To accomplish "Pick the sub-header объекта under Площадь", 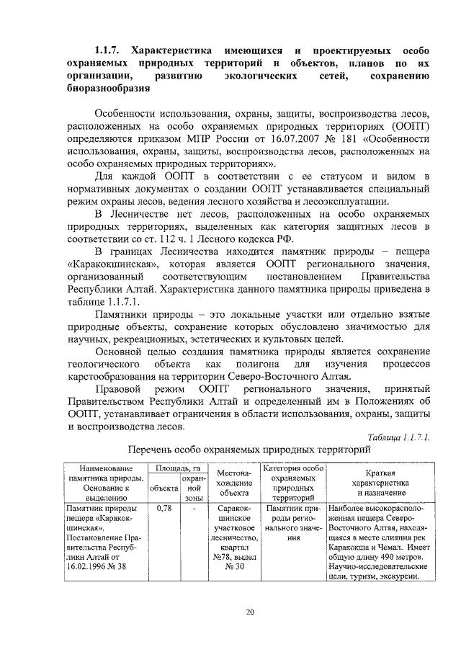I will [163, 488].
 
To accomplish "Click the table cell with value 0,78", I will [163, 508].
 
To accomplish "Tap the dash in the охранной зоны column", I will [194, 508].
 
